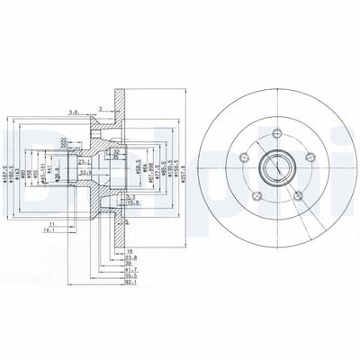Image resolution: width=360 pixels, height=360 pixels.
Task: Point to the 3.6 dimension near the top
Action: point(72,112)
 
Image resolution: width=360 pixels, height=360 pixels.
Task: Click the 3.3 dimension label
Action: point(130,196)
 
